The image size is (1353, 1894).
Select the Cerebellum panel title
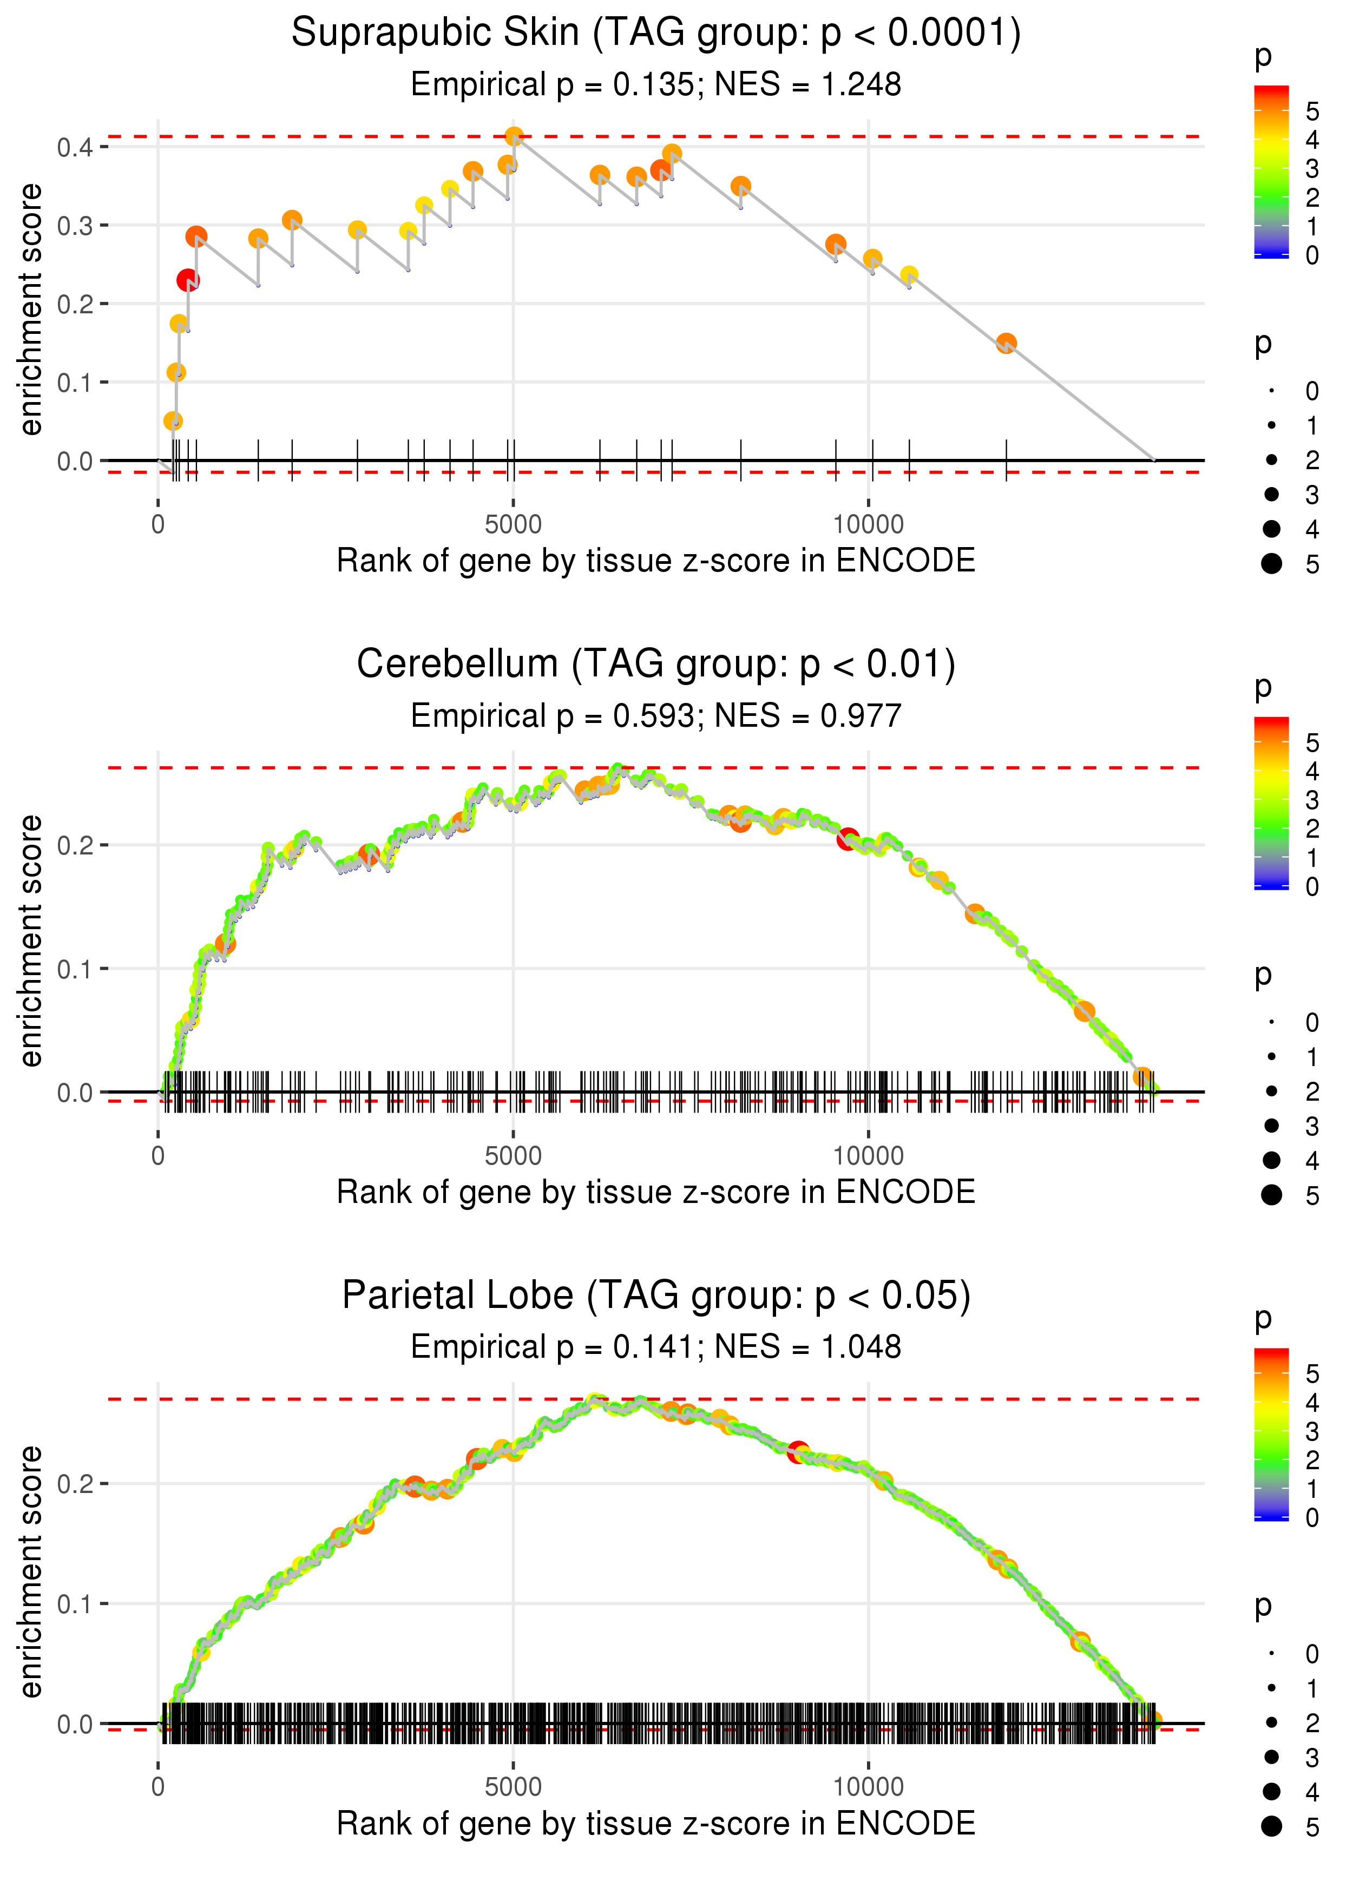coord(656,665)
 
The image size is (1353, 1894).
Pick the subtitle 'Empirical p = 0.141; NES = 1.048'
coord(656,1347)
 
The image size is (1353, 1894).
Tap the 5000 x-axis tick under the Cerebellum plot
coord(513,1156)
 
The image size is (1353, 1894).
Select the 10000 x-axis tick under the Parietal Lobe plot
coord(868,1786)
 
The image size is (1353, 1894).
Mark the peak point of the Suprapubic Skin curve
coord(514,136)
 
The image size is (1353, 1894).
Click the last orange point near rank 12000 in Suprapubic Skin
coord(1006,343)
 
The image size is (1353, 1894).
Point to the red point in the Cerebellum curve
coord(848,839)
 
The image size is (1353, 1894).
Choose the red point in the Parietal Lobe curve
coord(798,1452)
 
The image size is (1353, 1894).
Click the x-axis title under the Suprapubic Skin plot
coord(656,561)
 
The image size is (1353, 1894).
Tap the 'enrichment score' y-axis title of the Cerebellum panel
coord(31,941)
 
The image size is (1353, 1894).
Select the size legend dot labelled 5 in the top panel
coord(1271,564)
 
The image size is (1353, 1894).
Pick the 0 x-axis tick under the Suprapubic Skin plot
coord(158,525)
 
